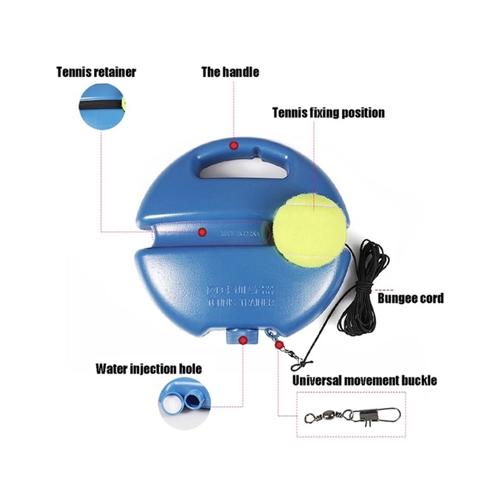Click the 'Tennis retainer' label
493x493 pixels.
click(96, 73)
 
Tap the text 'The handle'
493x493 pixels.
click(230, 73)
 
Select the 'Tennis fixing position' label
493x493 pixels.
click(328, 113)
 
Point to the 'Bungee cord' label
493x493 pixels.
click(411, 298)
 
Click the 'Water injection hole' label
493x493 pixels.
click(148, 368)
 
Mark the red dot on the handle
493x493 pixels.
click(234, 144)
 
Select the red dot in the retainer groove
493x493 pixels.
click(201, 232)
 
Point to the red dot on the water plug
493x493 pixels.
click(243, 340)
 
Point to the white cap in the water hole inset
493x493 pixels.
click(171, 403)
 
